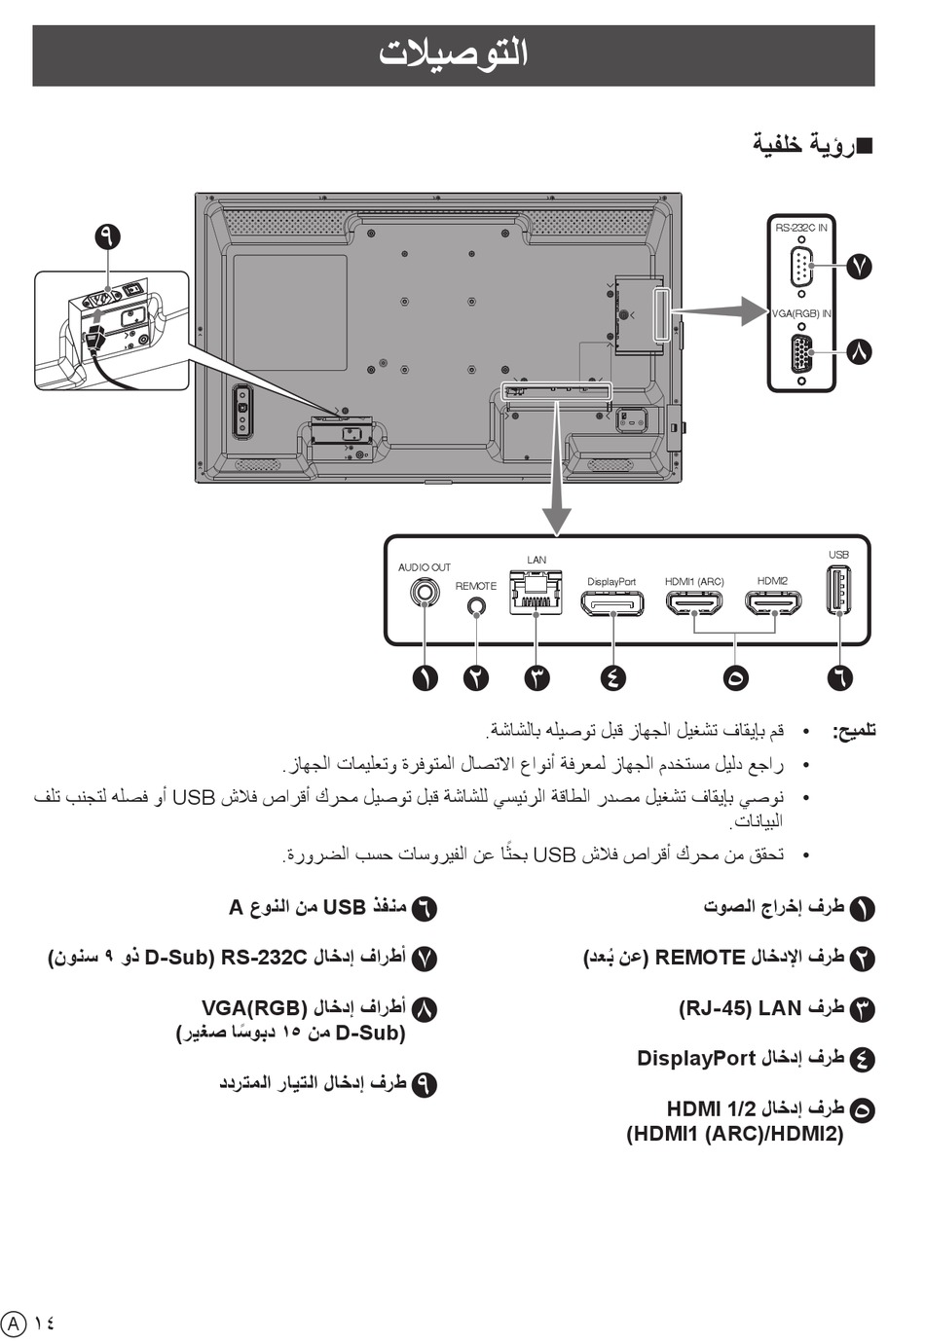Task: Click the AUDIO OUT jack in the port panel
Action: (425, 593)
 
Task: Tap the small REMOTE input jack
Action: (476, 606)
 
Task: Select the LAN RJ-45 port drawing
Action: (536, 593)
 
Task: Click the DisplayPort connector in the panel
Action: (611, 603)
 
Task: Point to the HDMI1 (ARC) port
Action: (694, 603)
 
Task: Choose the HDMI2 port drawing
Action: (773, 603)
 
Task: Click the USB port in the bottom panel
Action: (838, 590)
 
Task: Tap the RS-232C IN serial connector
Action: (801, 267)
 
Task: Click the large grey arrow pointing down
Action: (557, 469)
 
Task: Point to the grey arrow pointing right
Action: (721, 310)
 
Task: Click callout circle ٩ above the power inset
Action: (108, 236)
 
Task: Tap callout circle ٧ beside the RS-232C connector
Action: (859, 267)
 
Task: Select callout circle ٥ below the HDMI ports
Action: (735, 678)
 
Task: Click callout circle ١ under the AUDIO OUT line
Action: (425, 678)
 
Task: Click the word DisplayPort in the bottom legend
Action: (696, 1059)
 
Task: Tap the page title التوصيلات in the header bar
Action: (454, 54)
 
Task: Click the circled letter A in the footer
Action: (14, 1322)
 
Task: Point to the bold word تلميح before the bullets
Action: (854, 731)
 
